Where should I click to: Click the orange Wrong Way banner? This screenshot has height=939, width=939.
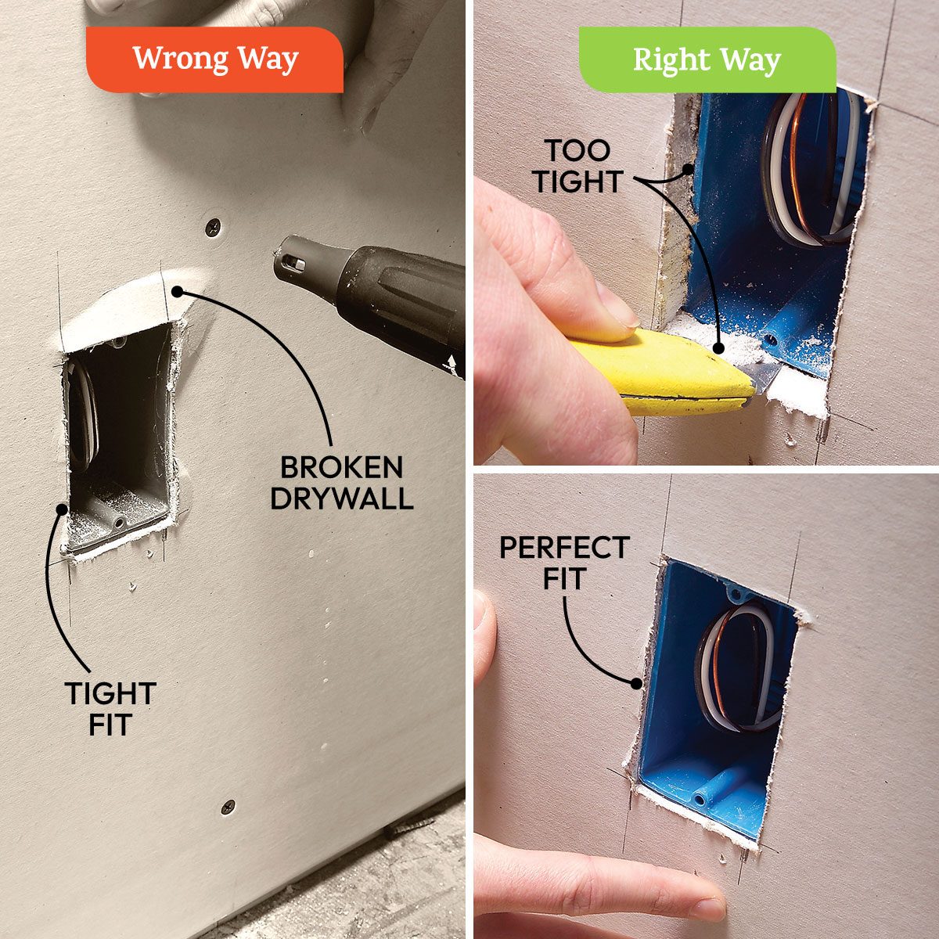click(214, 59)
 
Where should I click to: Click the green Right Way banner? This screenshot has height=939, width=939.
click(706, 60)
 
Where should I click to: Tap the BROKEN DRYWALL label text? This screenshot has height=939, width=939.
click(341, 483)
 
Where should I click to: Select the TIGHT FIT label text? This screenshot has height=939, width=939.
click(110, 708)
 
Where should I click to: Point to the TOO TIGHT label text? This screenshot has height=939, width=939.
click(577, 166)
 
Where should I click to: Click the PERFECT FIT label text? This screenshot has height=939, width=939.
click(564, 563)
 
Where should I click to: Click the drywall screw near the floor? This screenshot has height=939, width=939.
click(227, 806)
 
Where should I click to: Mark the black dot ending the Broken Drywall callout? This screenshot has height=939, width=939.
click(178, 291)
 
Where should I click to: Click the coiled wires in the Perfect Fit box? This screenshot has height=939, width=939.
click(736, 665)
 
